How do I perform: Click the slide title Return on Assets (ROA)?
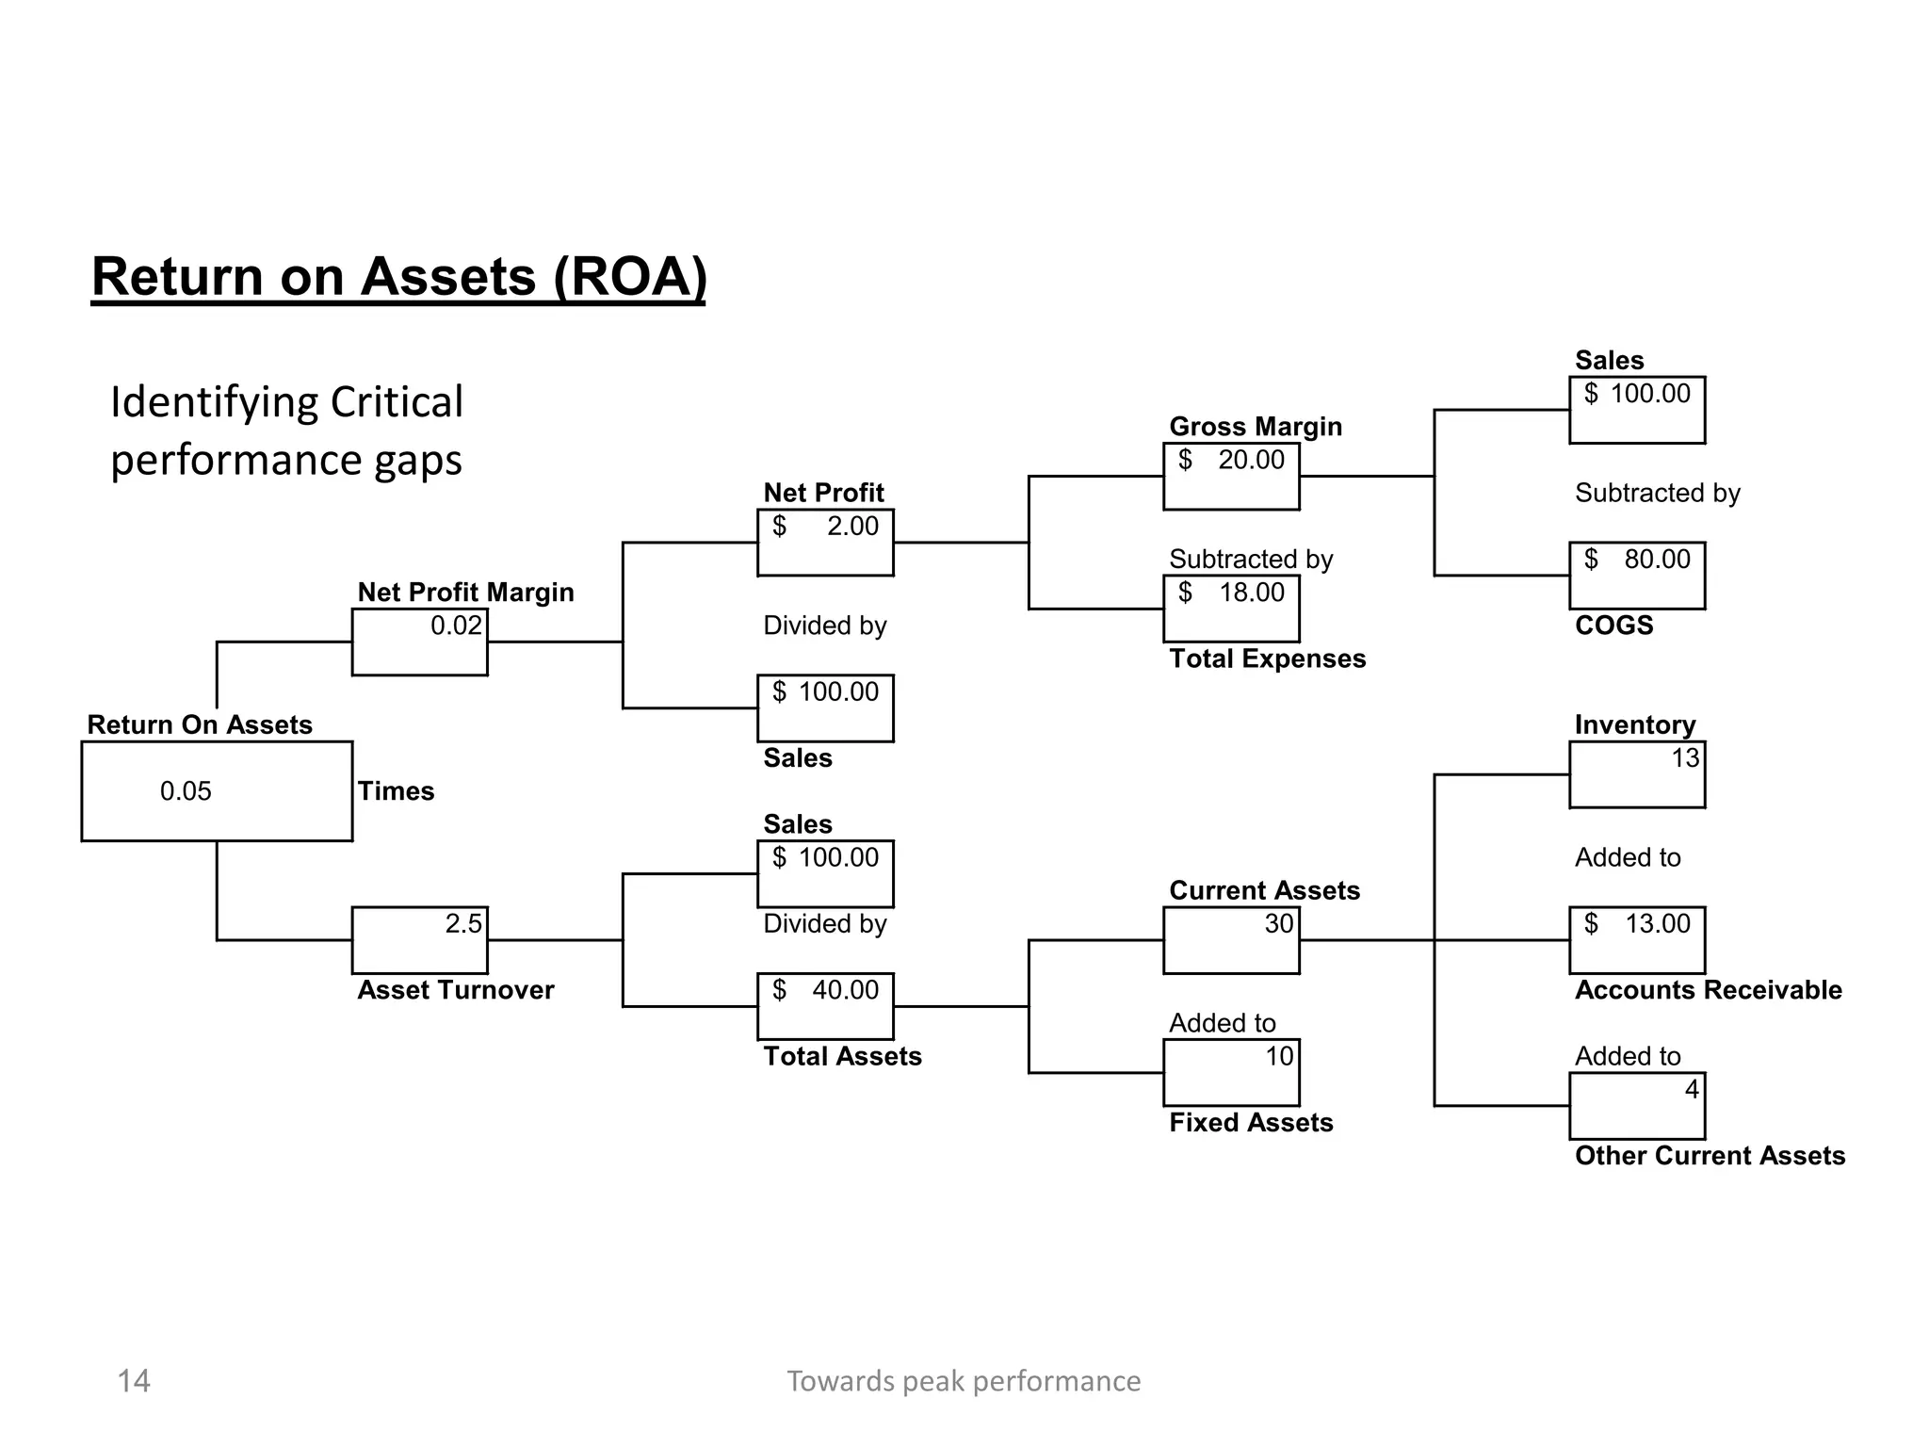coord(398,277)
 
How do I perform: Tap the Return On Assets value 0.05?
coord(186,791)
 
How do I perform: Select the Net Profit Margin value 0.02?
coord(456,626)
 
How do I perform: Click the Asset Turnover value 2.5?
coord(462,923)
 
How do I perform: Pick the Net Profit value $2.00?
coord(825,527)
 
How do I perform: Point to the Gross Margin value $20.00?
coord(1231,461)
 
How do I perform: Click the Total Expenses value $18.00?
coord(1231,593)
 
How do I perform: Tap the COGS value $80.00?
coord(1637,560)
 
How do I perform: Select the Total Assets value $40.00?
coord(825,990)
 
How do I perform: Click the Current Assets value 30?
coord(1278,923)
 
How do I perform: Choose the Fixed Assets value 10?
coord(1278,1056)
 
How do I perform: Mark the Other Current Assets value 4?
coord(1691,1089)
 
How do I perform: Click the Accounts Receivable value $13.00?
coord(1637,923)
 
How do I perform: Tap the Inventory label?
coord(1634,724)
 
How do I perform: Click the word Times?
coord(396,791)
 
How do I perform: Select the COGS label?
coord(1613,626)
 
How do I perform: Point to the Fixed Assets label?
coord(1251,1123)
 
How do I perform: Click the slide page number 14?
coord(134,1381)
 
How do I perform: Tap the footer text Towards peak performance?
coord(964,1381)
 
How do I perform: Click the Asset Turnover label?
coord(456,990)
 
